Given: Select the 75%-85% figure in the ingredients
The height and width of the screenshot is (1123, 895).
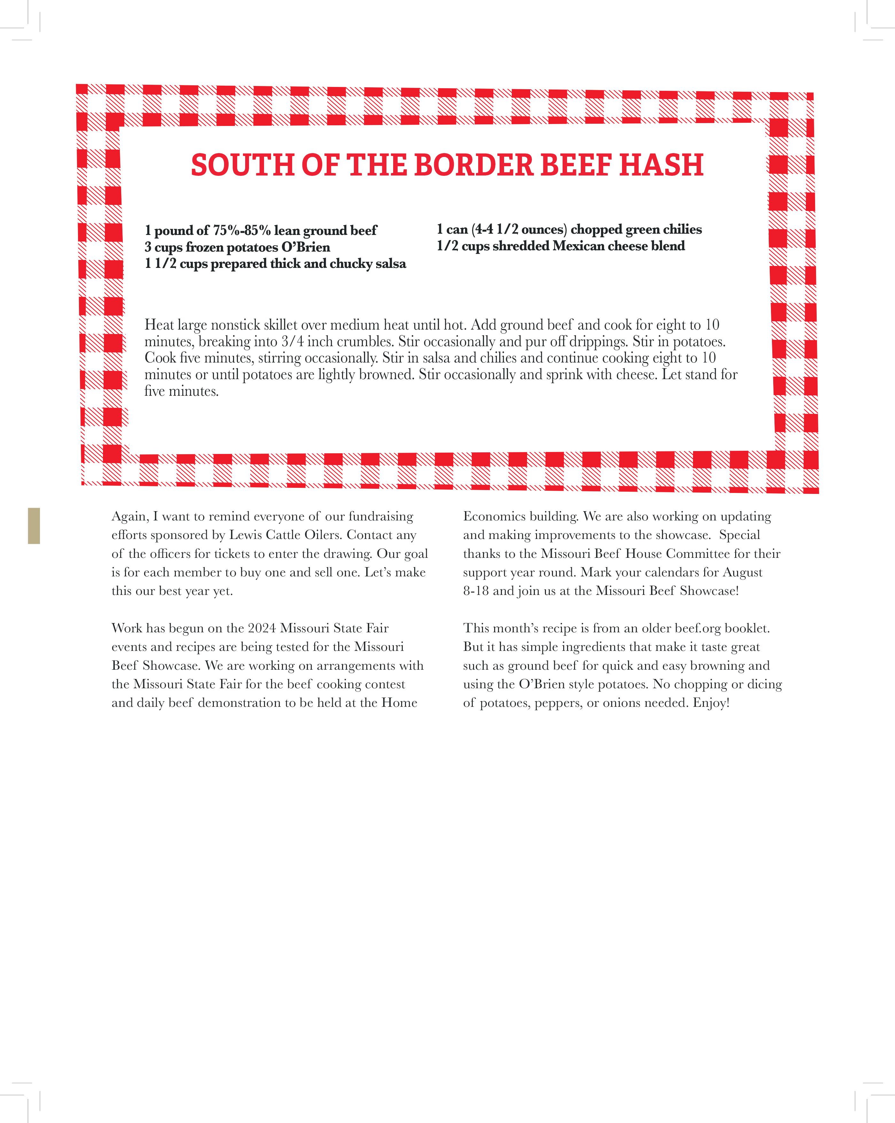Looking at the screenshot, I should point(242,230).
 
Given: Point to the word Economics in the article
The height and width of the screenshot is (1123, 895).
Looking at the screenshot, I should point(494,516).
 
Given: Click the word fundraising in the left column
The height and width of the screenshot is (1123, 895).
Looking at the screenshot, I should point(381,516).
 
